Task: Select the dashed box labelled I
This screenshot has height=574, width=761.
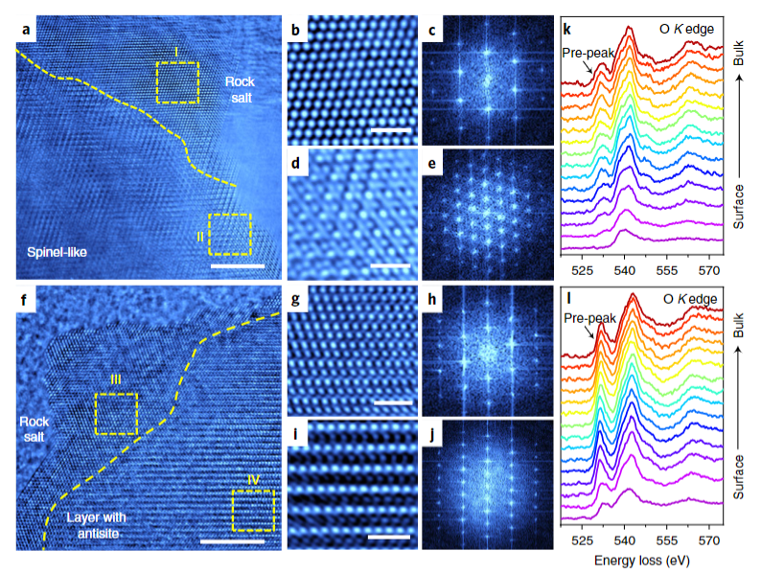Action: coord(177,82)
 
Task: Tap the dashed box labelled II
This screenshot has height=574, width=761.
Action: coord(230,234)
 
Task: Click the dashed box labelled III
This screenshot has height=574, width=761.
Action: coord(116,413)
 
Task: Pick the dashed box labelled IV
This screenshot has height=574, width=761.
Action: coord(253,511)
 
